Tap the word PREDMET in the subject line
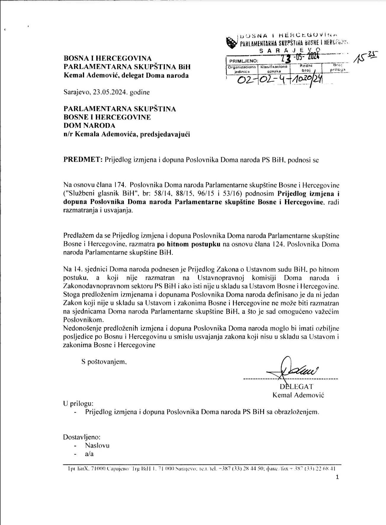(x=83, y=160)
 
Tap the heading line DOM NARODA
(x=89, y=126)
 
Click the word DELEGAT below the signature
(x=296, y=387)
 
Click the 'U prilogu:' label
(x=78, y=403)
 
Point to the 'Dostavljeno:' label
(x=82, y=437)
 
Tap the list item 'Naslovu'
(x=97, y=445)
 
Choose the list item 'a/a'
(x=89, y=454)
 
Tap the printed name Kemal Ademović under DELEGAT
(x=298, y=395)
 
